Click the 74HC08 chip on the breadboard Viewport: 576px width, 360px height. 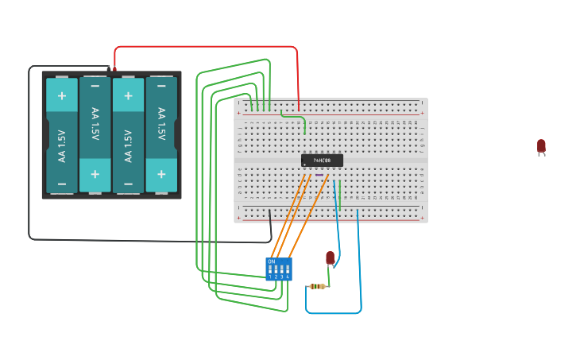(x=322, y=160)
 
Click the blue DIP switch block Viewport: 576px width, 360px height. (x=279, y=269)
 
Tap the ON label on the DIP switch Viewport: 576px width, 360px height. (x=272, y=261)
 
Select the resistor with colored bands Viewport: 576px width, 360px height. (x=319, y=286)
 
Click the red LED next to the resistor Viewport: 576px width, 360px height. (x=331, y=257)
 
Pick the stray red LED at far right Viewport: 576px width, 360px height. (x=541, y=145)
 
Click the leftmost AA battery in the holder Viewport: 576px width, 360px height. (x=62, y=135)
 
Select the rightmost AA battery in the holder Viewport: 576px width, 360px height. (x=161, y=135)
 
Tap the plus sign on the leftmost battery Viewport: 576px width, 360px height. (x=62, y=95)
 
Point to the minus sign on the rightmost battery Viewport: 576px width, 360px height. (x=161, y=85)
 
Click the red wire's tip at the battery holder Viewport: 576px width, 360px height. (x=114, y=69)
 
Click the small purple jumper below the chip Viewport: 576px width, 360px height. (x=319, y=175)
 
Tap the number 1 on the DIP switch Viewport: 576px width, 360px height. (x=270, y=277)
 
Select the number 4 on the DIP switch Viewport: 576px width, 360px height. (x=288, y=277)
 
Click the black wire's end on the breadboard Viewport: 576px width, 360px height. (x=270, y=211)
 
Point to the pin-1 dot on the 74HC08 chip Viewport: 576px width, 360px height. (x=305, y=165)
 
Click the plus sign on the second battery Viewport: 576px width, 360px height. (x=95, y=173)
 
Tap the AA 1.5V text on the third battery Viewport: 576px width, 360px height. (x=129, y=135)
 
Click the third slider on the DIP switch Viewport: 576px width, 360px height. (x=281, y=269)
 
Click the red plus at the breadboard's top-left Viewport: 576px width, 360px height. (x=238, y=113)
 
